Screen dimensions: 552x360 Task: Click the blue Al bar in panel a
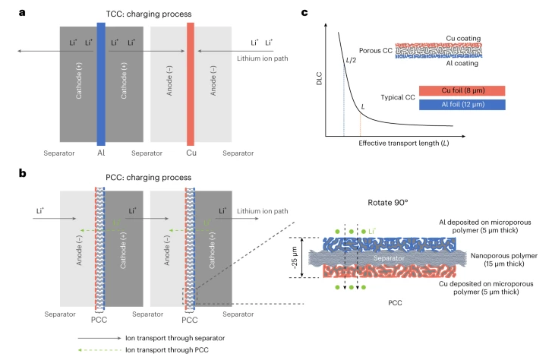coord(101,84)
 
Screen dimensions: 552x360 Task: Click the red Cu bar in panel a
coord(191,84)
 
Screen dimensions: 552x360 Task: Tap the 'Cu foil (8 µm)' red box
coord(462,90)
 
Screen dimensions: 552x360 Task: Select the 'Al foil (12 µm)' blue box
coord(462,105)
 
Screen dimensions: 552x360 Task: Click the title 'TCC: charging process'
coord(149,14)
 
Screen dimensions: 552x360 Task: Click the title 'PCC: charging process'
coord(149,177)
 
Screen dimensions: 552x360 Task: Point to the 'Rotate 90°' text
coord(387,203)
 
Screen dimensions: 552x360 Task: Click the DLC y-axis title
coord(320,78)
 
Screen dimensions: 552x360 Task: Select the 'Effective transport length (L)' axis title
coord(404,143)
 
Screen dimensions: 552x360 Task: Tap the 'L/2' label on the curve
coord(351,60)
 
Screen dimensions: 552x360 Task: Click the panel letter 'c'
coord(304,13)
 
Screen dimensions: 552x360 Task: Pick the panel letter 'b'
coord(23,173)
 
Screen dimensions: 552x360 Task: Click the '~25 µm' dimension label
coord(295,257)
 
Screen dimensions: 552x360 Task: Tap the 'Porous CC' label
coord(376,51)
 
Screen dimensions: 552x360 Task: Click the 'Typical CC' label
coord(398,97)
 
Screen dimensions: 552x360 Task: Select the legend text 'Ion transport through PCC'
coord(167,350)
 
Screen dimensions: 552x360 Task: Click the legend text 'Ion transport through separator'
coord(175,338)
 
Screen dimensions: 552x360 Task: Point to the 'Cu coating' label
coord(463,39)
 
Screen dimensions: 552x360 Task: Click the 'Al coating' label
coord(462,63)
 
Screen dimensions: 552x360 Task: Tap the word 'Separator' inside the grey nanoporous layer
coord(389,258)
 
